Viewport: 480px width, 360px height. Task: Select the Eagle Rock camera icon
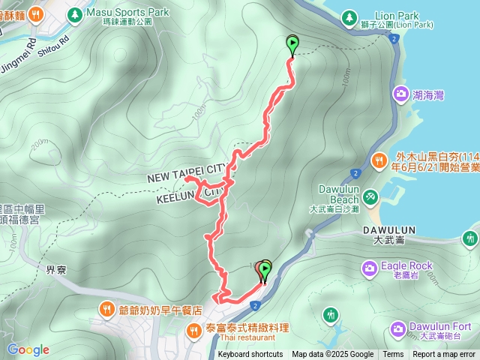(370, 268)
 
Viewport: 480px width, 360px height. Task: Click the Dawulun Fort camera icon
(398, 328)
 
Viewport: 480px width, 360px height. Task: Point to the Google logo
(28, 349)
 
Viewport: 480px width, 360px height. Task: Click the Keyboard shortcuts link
(250, 355)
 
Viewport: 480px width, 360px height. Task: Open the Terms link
(393, 355)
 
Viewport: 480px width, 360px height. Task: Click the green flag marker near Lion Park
(292, 45)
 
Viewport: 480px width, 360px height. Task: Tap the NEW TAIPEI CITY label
(187, 177)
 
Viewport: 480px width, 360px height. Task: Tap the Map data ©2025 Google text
(332, 355)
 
